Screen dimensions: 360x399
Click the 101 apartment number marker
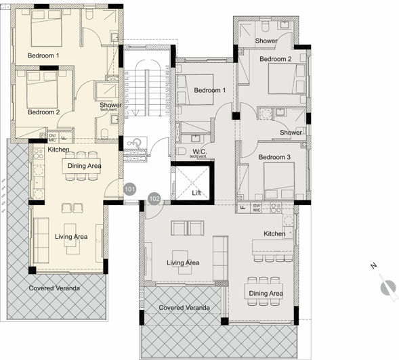tap(130, 189)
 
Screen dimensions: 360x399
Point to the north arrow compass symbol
tap(388, 287)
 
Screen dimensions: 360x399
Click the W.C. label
tap(199, 151)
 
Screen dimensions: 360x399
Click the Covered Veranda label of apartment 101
tap(54, 288)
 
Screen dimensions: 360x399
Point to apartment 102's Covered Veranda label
tap(184, 308)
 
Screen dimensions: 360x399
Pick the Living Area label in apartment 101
tap(71, 236)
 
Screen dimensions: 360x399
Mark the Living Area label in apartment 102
tap(183, 263)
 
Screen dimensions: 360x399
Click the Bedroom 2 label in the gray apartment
tap(275, 59)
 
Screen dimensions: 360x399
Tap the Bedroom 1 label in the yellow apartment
tap(43, 55)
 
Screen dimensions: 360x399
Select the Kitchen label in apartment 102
tap(274, 233)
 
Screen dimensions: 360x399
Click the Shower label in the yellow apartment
tap(110, 105)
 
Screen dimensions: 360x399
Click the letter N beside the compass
tap(372, 266)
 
